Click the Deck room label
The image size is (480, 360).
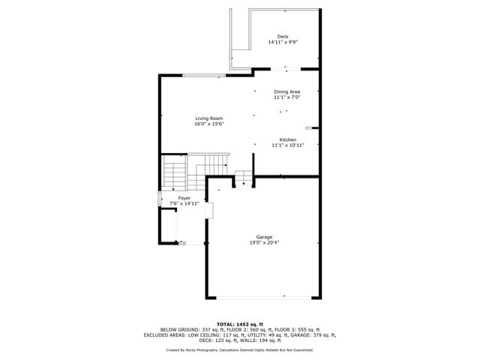click(282, 37)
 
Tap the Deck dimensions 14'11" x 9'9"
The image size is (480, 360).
click(282, 43)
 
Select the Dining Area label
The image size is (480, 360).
click(286, 91)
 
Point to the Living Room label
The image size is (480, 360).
click(208, 118)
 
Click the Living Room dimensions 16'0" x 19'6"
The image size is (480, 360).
click(208, 124)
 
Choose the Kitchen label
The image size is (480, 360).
click(288, 140)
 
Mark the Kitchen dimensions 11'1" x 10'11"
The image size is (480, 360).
click(288, 145)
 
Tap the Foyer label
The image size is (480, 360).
click(184, 198)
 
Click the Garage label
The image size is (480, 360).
click(264, 237)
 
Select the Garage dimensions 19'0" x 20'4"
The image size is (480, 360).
click(264, 243)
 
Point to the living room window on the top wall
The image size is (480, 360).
click(204, 75)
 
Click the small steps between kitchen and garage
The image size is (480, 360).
click(244, 178)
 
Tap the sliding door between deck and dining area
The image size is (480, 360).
click(279, 70)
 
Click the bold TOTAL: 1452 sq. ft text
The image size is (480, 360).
click(240, 324)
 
